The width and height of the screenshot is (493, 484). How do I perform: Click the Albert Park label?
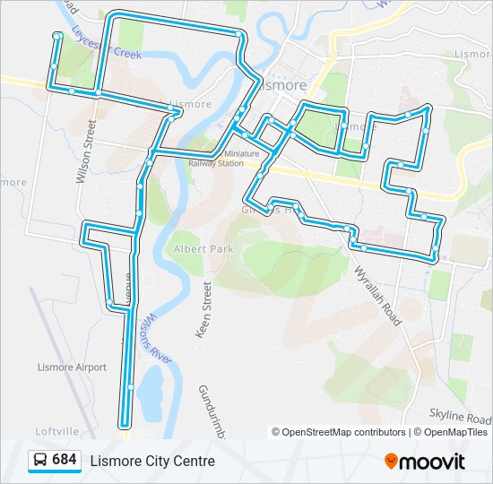tap(195, 248)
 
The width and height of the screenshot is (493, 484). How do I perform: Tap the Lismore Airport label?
tap(72, 367)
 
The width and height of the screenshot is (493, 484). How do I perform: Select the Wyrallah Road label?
tap(376, 296)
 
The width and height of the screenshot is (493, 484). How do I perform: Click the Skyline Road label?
tap(457, 416)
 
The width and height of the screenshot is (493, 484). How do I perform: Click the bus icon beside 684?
tap(39, 460)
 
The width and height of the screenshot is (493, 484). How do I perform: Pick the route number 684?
tap(65, 460)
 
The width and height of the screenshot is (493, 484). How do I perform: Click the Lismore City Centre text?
tap(152, 461)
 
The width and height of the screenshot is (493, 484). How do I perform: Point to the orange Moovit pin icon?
tap(391, 461)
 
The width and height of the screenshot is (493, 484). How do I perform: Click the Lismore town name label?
tap(286, 86)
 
